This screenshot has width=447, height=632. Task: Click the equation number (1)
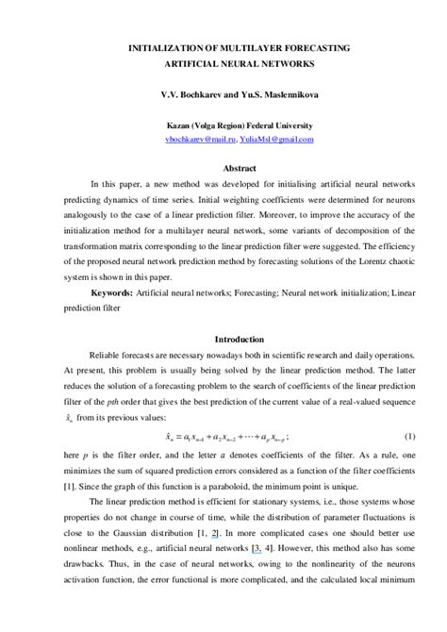pyautogui.click(x=409, y=437)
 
